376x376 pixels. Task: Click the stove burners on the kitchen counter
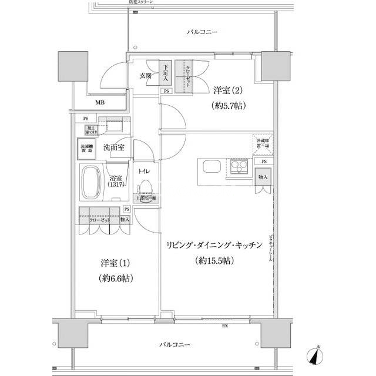[239, 167]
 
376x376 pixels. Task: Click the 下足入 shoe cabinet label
[166, 73]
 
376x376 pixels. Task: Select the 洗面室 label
[113, 147]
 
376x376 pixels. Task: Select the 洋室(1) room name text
[111, 262]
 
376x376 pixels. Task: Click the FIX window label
[225, 325]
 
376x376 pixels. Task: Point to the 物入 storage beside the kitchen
[263, 177]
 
